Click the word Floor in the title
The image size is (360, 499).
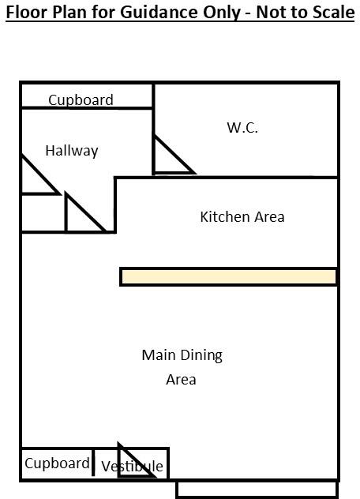coord(26,13)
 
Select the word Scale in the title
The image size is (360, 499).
coord(332,13)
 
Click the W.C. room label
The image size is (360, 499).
coord(242,127)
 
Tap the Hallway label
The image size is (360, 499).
coord(71,150)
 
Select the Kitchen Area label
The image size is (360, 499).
coord(242,216)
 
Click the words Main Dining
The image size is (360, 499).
coord(182,355)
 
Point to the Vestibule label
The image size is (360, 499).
coord(132,466)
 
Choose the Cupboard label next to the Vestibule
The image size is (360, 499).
coord(57,463)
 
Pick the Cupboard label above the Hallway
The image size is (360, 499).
coord(81,99)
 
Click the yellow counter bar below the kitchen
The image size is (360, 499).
coord(229,276)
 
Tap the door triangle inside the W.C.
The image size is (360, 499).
coord(167,159)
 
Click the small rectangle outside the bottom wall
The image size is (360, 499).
coord(257,490)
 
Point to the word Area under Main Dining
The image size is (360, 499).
coord(181,379)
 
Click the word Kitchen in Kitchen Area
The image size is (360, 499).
coord(226,216)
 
